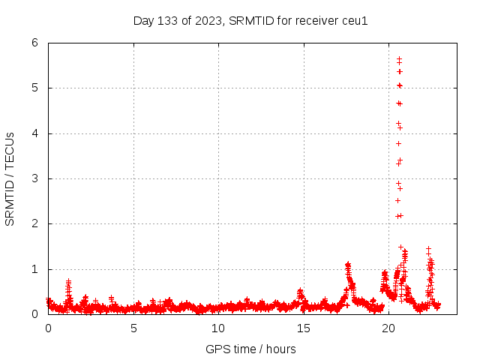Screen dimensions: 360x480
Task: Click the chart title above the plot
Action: click(250, 20)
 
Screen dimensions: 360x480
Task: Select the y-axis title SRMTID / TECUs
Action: click(10, 178)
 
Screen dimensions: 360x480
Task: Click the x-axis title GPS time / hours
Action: click(250, 349)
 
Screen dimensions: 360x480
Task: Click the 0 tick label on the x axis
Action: click(49, 328)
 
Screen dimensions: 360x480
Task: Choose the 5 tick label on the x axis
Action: click(133, 328)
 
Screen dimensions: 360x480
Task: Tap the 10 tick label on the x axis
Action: click(218, 328)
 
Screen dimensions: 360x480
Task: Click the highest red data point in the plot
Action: click(399, 58)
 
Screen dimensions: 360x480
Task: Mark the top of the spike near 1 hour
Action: click(68, 280)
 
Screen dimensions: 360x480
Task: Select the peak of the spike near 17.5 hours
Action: click(348, 264)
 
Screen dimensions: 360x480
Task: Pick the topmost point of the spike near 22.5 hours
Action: click(428, 248)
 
